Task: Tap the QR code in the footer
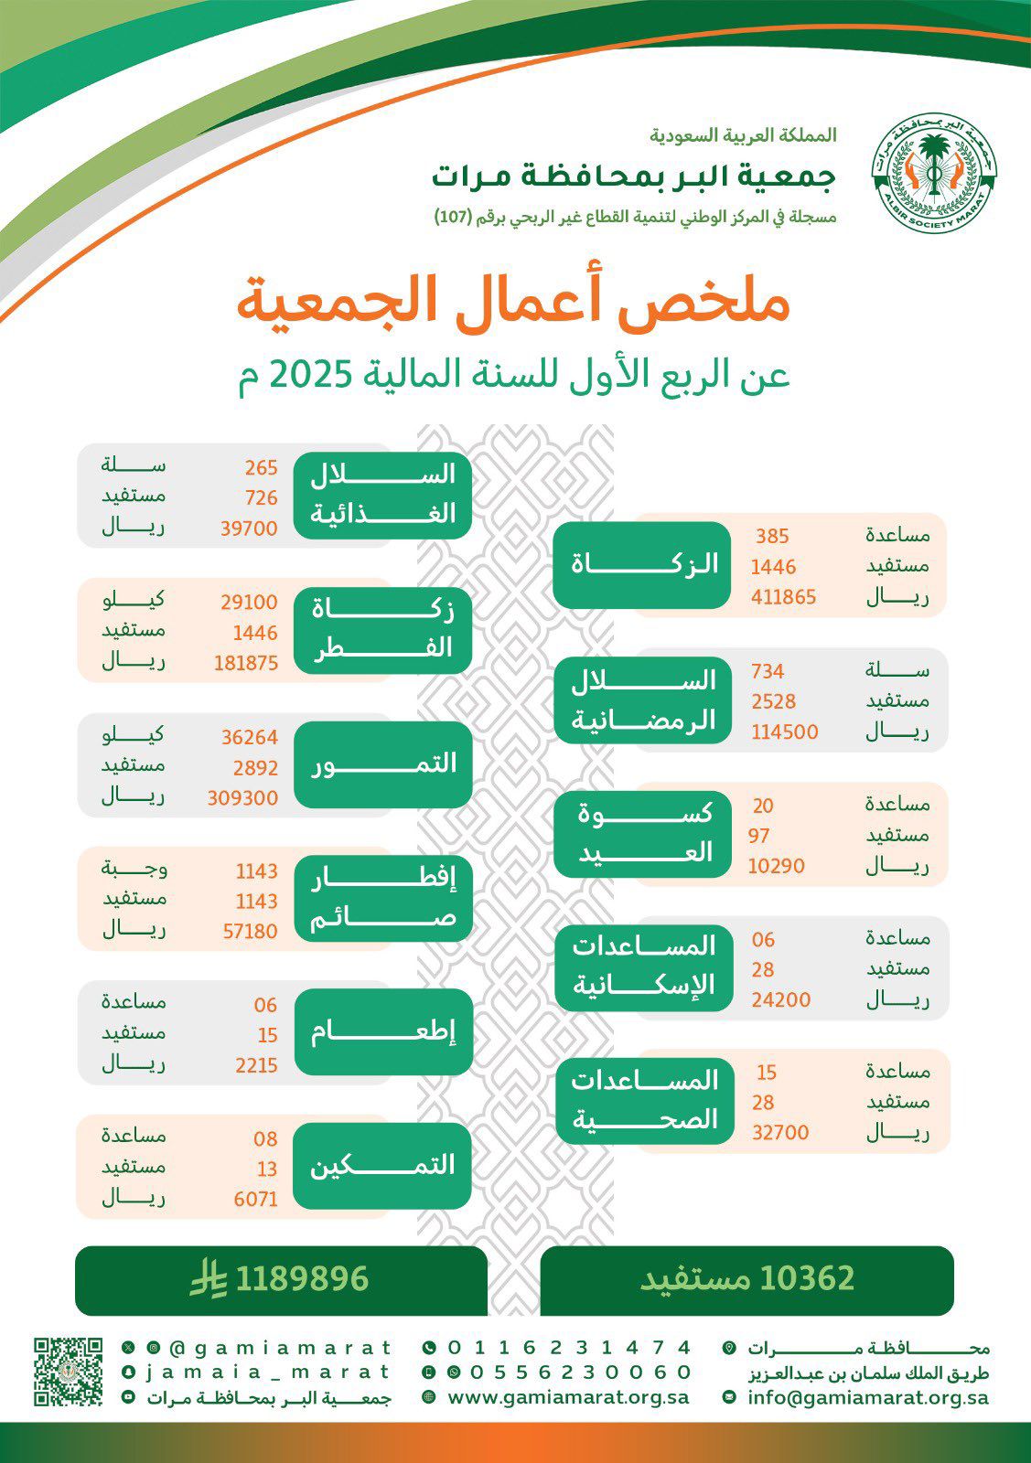68,1372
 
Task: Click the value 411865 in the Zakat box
783,597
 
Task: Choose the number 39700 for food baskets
248,529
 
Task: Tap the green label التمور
383,764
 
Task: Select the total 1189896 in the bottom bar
302,1279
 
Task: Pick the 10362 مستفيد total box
746,1279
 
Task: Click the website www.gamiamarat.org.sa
568,1397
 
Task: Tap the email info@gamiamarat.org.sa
867,1397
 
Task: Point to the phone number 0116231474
569,1348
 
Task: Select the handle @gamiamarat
280,1348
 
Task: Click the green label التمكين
382,1166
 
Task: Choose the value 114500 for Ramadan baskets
784,732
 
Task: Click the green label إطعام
382,1032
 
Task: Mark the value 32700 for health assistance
780,1133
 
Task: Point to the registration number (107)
451,219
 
